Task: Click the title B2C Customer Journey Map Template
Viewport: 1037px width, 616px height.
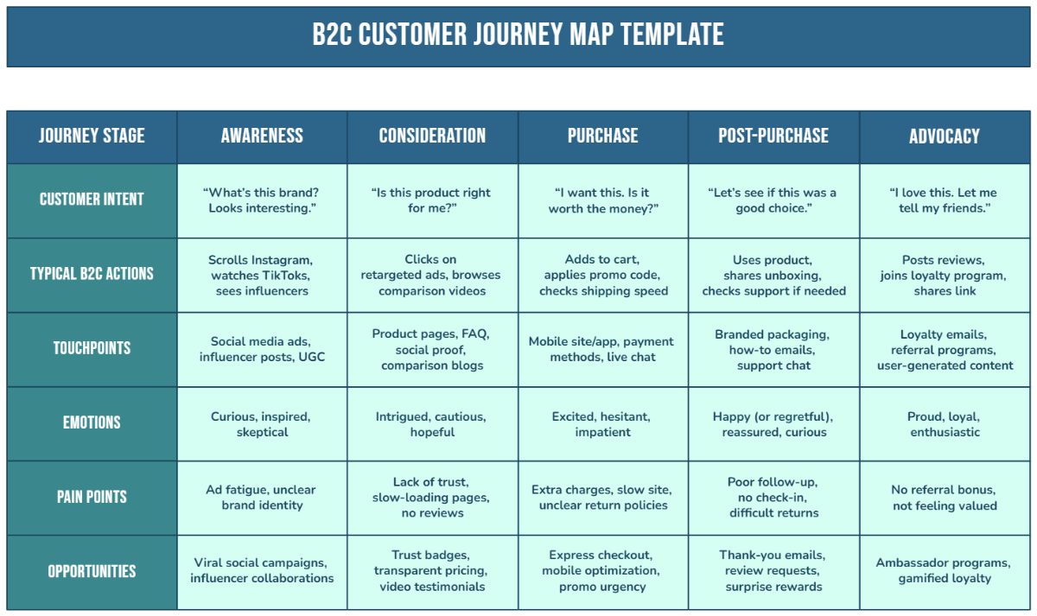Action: pyautogui.click(x=518, y=35)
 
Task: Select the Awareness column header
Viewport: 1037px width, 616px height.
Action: pyautogui.click(x=262, y=136)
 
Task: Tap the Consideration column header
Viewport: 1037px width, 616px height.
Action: pyautogui.click(x=432, y=136)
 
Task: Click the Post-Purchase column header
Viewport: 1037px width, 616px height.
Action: pyautogui.click(x=773, y=136)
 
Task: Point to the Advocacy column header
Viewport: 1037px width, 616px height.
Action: pyautogui.click(x=945, y=136)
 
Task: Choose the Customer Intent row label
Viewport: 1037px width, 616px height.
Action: pyautogui.click(x=92, y=199)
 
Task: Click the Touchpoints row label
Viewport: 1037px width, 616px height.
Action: pyautogui.click(x=92, y=348)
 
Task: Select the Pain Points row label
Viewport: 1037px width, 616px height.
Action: pyautogui.click(x=92, y=497)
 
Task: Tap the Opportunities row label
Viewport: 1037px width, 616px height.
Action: pyautogui.click(x=92, y=572)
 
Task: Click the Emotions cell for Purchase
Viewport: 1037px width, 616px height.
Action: pyautogui.click(x=603, y=424)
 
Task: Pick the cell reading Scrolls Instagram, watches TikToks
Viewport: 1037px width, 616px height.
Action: pyautogui.click(x=262, y=276)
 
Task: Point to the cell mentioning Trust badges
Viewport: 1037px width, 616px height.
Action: pyautogui.click(x=432, y=571)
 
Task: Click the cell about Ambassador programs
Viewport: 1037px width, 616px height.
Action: pyautogui.click(x=945, y=571)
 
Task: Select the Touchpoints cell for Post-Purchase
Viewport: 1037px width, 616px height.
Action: pyautogui.click(x=773, y=350)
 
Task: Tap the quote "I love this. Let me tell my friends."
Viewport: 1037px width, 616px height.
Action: pyautogui.click(x=945, y=200)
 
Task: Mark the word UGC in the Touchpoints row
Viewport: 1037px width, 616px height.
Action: pyautogui.click(x=312, y=357)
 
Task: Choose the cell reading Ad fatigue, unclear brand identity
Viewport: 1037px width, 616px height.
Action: pyautogui.click(x=262, y=498)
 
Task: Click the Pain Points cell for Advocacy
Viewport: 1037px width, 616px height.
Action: pyautogui.click(x=945, y=498)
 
